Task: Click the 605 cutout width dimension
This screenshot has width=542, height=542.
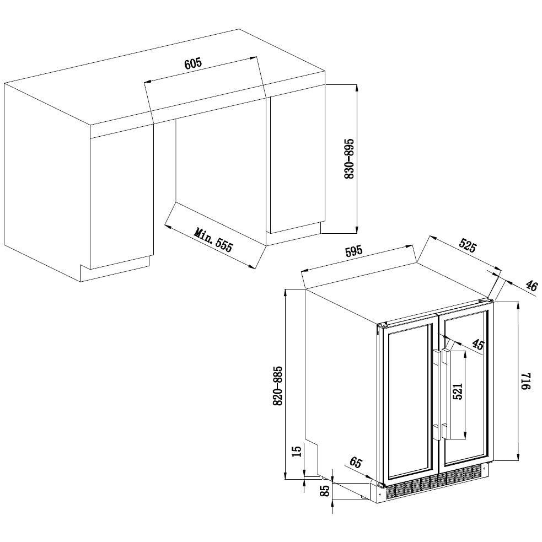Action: [x=193, y=63]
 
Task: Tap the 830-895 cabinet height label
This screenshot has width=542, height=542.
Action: [x=348, y=159]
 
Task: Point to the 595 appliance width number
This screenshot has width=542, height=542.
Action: [x=353, y=251]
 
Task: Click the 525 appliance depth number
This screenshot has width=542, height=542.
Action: [x=466, y=246]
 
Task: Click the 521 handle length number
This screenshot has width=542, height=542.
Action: [x=458, y=391]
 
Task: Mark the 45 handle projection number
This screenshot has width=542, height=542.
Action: [x=477, y=345]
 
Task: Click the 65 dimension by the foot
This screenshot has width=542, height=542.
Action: [x=356, y=463]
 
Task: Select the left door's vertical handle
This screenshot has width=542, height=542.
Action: [x=435, y=395]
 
